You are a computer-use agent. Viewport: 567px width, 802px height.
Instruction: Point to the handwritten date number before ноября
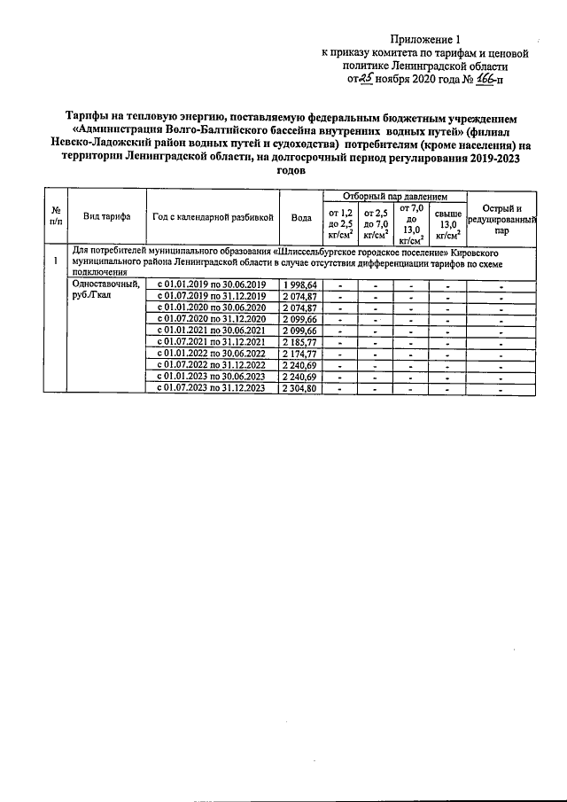(363, 78)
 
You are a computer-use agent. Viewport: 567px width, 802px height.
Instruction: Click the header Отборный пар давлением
(393, 196)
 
